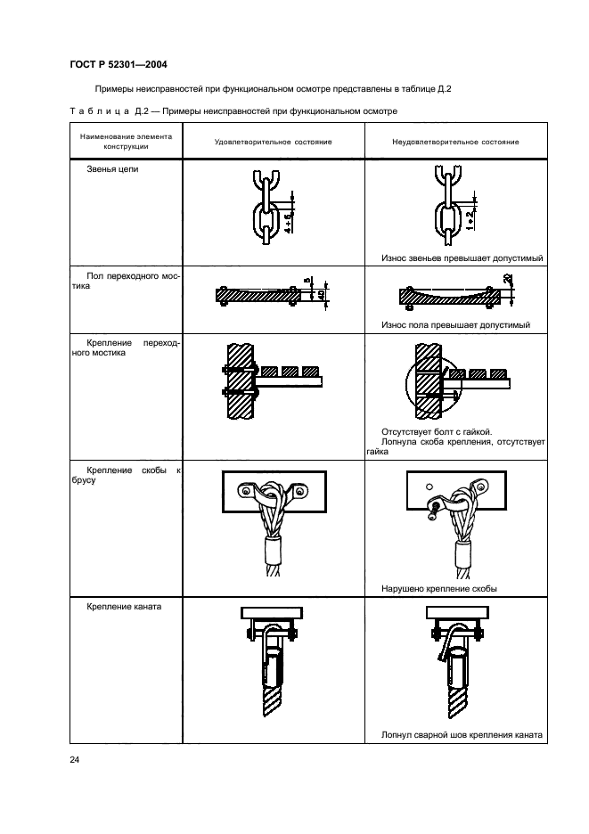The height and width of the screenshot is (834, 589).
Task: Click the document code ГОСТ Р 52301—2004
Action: point(119,64)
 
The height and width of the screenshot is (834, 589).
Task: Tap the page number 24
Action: point(75,759)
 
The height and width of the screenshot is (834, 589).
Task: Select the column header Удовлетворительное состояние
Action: point(273,142)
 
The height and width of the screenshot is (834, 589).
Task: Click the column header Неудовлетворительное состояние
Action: point(455,142)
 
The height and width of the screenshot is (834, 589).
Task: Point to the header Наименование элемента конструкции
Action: point(127,142)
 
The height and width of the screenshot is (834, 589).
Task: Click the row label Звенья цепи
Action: point(112,169)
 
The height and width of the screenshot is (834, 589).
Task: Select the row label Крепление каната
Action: point(124,607)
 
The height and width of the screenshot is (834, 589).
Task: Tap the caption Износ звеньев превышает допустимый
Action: point(462,258)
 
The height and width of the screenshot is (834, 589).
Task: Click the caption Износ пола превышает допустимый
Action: point(455,325)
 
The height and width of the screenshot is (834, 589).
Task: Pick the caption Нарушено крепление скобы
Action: point(439,589)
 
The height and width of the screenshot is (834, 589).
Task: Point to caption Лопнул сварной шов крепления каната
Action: point(462,735)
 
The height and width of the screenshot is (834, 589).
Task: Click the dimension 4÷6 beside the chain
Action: point(288,223)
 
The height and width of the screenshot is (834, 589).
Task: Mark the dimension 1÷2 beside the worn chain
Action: point(470,220)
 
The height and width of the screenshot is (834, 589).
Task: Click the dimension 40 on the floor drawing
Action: point(322,295)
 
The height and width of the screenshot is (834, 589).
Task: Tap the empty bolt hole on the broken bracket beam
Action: point(429,487)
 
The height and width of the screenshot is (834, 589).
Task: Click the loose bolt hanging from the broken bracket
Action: point(435,509)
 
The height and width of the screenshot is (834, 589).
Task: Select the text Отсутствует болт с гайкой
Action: point(437,432)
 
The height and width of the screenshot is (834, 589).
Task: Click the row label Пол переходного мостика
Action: point(127,281)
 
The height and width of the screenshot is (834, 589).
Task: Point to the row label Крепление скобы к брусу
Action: point(127,475)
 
